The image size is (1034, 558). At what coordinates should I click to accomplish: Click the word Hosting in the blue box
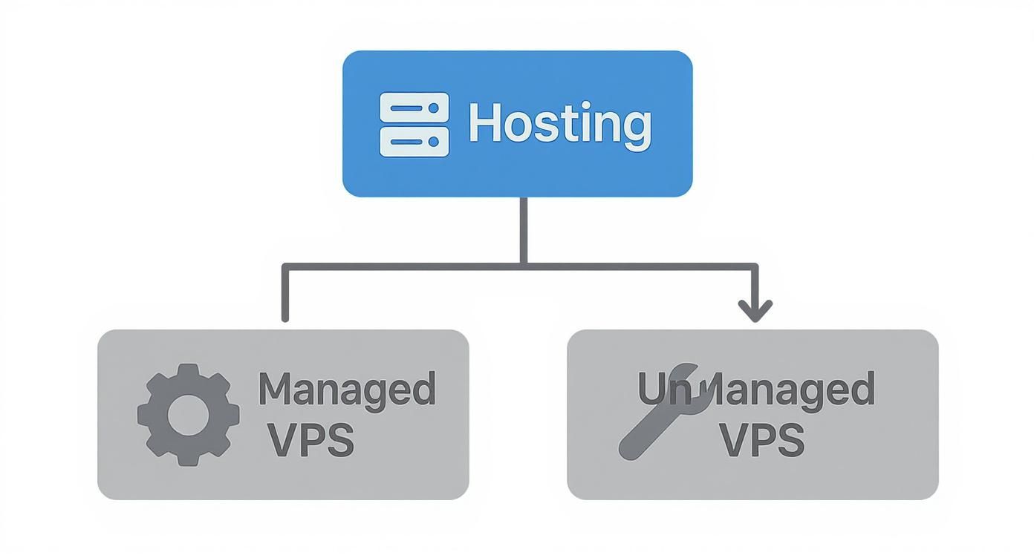[x=560, y=124]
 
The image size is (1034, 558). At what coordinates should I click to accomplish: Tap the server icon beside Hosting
[x=414, y=125]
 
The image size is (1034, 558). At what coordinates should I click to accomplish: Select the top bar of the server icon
[x=414, y=108]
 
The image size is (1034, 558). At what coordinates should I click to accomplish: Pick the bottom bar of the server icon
[x=414, y=141]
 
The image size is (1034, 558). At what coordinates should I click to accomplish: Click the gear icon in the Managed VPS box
[x=188, y=415]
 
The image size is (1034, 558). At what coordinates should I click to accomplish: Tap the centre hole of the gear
[x=187, y=416]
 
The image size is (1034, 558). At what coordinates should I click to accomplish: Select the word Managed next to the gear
[x=346, y=389]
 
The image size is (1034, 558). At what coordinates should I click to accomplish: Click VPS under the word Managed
[x=310, y=440]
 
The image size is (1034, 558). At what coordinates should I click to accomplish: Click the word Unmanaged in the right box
[x=756, y=389]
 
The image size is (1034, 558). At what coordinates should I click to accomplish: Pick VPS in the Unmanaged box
[x=762, y=440]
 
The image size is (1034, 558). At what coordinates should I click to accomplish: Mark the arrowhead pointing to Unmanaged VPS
[x=755, y=310]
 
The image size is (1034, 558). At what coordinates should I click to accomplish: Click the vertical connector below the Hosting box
[x=524, y=230]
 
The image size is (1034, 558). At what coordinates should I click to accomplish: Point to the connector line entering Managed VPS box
[x=285, y=297]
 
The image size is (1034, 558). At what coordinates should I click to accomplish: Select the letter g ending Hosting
[x=637, y=128]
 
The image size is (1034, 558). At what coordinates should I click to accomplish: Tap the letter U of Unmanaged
[x=651, y=389]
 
